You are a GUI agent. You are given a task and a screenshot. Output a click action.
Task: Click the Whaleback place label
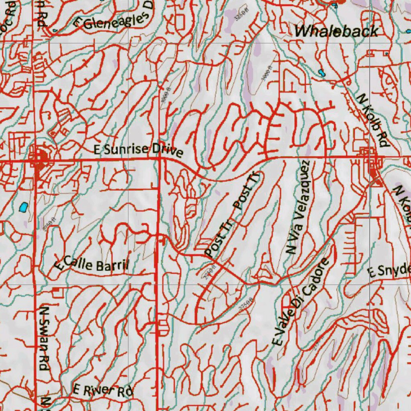336,31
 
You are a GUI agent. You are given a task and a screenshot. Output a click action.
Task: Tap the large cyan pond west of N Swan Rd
23,207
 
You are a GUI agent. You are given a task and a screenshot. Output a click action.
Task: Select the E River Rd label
102,390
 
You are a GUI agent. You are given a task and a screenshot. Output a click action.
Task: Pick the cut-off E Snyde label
389,271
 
